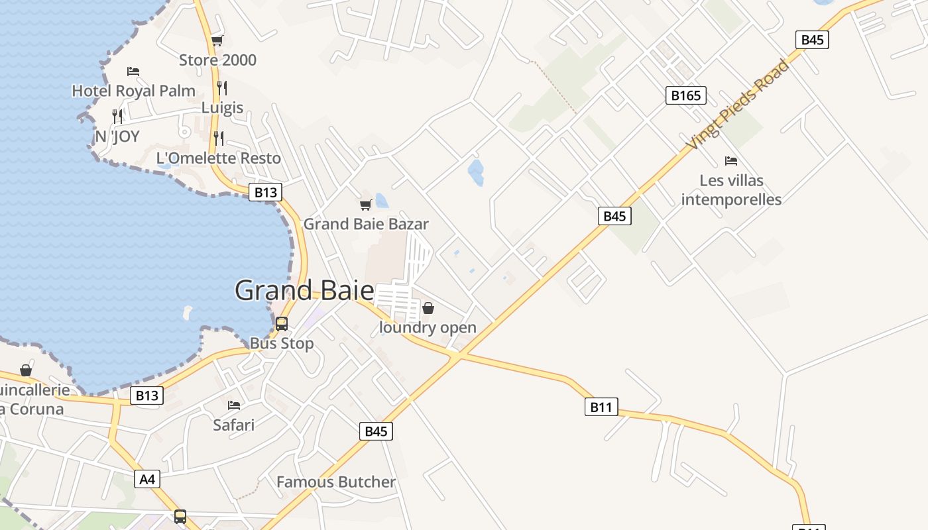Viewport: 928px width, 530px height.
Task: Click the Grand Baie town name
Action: (304, 290)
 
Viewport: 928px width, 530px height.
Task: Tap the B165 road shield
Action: (685, 95)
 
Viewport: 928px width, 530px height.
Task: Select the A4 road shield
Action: (147, 478)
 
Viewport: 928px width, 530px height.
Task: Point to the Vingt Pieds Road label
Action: (738, 105)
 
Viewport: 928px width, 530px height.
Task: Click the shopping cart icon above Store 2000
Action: (217, 41)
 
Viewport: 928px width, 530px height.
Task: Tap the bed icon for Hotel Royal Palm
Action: (133, 72)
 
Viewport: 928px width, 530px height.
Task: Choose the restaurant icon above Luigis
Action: (222, 87)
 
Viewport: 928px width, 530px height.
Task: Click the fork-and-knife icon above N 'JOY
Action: (117, 117)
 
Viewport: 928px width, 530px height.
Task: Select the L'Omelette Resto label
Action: (218, 158)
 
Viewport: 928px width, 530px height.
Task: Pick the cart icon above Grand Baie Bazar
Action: (365, 205)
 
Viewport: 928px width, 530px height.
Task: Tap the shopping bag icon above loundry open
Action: (428, 308)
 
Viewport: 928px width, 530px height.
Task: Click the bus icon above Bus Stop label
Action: (282, 324)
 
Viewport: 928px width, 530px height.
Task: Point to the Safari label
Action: (233, 425)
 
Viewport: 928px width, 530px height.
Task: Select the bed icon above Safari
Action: (233, 405)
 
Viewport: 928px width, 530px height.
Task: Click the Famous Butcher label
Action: (335, 482)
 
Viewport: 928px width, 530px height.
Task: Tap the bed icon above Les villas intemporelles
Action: (731, 161)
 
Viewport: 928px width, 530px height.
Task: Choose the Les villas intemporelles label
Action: (731, 189)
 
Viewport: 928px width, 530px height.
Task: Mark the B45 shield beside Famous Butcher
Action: (376, 431)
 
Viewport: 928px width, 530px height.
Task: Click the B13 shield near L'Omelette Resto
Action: (265, 192)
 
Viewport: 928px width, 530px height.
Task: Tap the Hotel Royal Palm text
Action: (133, 91)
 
